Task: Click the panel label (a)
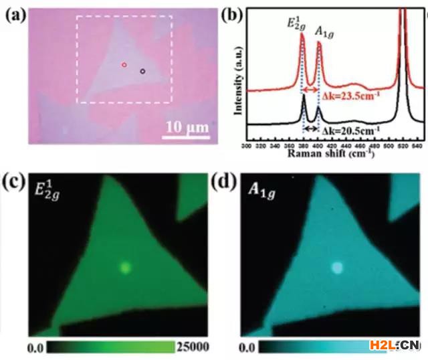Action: pyautogui.click(x=14, y=14)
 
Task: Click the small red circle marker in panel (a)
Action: pyautogui.click(x=124, y=65)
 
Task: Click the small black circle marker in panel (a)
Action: pyautogui.click(x=142, y=70)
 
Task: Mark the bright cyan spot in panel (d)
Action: pyautogui.click(x=338, y=268)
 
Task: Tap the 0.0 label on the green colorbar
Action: pyautogui.click(x=36, y=347)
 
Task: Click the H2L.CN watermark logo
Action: pyautogui.click(x=394, y=346)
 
